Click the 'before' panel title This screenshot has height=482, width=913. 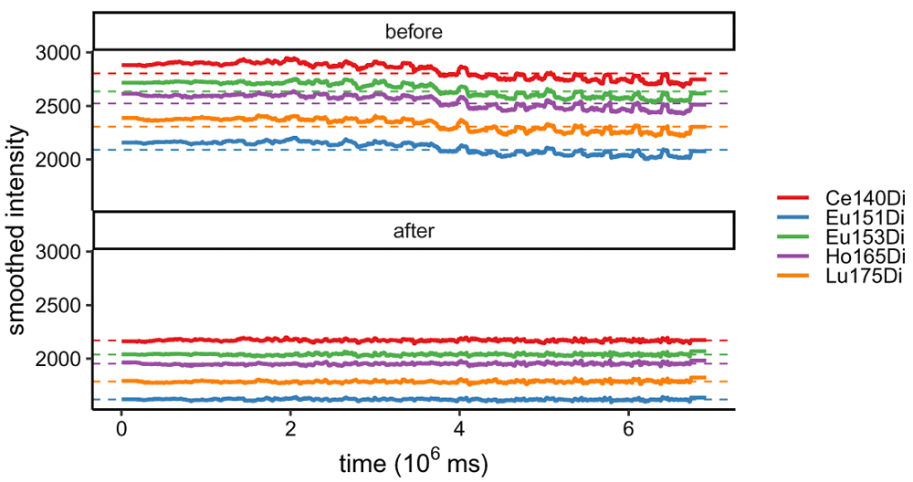tap(414, 32)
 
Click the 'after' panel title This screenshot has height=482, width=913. tap(414, 231)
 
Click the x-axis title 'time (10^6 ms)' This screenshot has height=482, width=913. tap(414, 463)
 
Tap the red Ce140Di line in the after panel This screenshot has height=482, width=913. tap(365, 341)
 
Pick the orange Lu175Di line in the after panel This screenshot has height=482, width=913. tap(365, 382)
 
